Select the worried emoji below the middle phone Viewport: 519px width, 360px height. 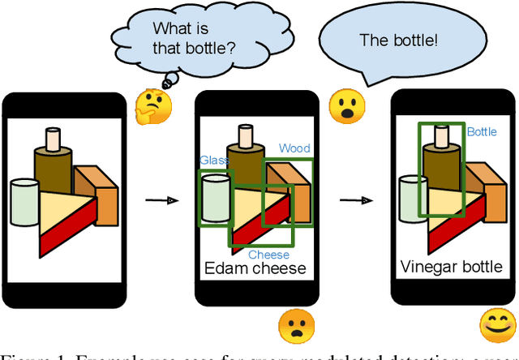[x=296, y=327]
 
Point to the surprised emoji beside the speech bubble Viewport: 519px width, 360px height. [x=347, y=105]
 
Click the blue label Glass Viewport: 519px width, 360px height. [x=215, y=161]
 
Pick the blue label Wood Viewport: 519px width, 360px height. [x=294, y=148]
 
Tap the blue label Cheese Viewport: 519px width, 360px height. [x=268, y=255]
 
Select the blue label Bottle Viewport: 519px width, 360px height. [x=482, y=131]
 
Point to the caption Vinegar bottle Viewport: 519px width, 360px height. [x=452, y=267]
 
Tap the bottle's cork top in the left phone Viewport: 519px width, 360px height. [x=54, y=139]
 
